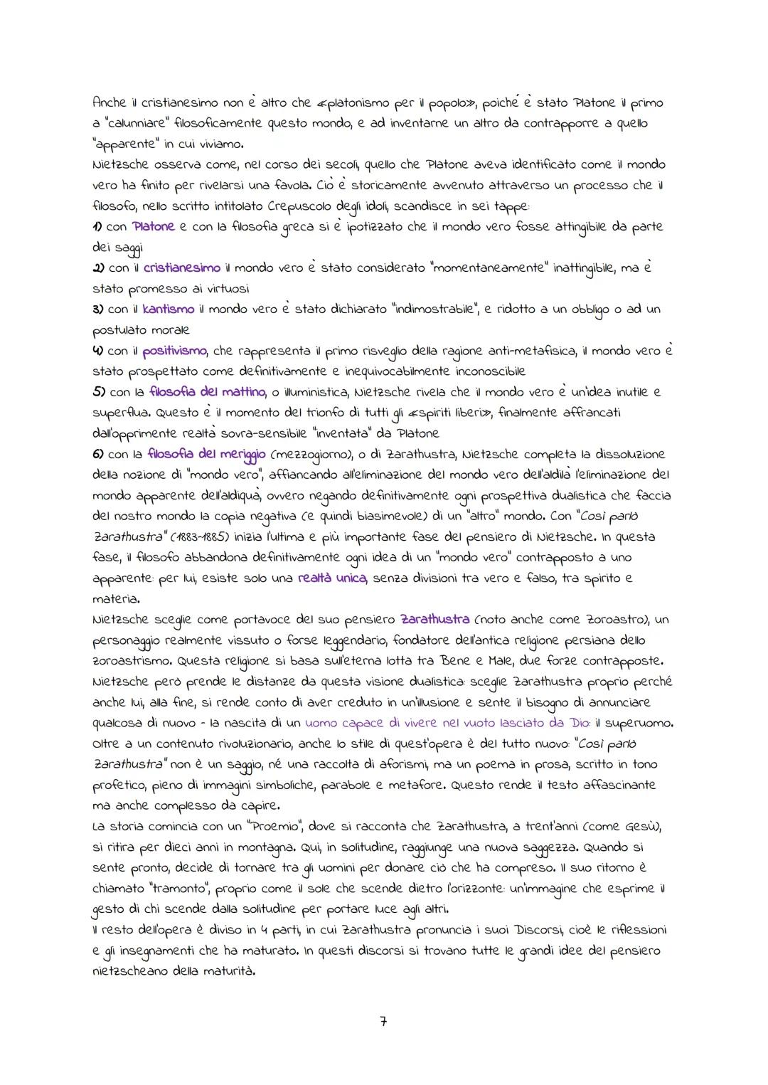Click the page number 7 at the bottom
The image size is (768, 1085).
(383, 1022)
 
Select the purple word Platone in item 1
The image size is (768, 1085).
(153, 226)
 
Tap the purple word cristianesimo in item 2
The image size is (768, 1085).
(181, 268)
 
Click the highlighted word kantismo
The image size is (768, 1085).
(169, 309)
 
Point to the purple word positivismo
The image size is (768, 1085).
(174, 351)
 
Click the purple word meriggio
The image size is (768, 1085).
(238, 454)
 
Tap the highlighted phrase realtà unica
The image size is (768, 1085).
(332, 578)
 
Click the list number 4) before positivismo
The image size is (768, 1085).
(98, 351)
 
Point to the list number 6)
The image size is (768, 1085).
(98, 454)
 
